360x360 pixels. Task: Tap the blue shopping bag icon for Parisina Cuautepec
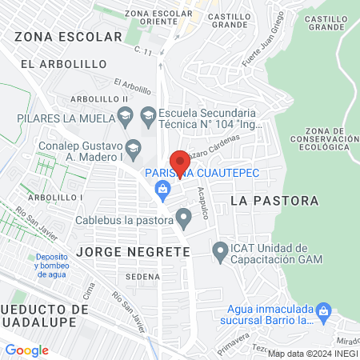pos(163,189)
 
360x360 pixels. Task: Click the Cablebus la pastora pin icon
pos(185,218)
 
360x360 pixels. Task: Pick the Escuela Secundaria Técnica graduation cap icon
pos(148,117)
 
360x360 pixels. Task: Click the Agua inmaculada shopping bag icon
pos(324,310)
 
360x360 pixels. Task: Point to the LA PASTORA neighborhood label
pos(274,201)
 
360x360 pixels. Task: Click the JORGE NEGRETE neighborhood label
pos(134,251)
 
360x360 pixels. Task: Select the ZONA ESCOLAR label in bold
pos(60,36)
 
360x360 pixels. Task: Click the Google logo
pos(27,350)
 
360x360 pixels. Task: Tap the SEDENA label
pos(142,276)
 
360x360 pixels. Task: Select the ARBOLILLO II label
pos(100,98)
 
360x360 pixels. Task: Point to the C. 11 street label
pos(143,51)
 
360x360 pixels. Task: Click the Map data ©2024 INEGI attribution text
pos(312,354)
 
